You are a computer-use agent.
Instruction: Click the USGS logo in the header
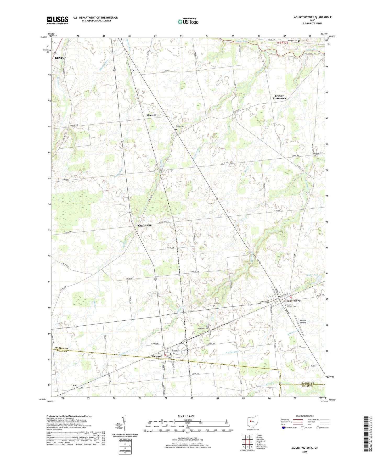pyautogui.click(x=58, y=20)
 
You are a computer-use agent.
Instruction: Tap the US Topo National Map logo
pyautogui.click(x=188, y=21)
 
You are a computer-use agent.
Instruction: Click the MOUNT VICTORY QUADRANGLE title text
pyautogui.click(x=312, y=17)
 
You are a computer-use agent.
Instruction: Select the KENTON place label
pyautogui.click(x=60, y=58)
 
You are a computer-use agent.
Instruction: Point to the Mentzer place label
pyautogui.click(x=151, y=115)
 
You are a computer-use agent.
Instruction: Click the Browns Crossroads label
pyautogui.click(x=279, y=97)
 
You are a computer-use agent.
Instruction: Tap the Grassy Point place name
pyautogui.click(x=145, y=225)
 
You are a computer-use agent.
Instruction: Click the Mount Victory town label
pyautogui.click(x=292, y=300)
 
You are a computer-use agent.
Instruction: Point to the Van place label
pyautogui.click(x=75, y=386)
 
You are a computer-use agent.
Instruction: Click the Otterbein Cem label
pyautogui.click(x=318, y=153)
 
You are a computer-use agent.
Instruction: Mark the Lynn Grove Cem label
pyautogui.click(x=179, y=126)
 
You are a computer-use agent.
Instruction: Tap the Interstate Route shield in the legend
pyautogui.click(x=284, y=428)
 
